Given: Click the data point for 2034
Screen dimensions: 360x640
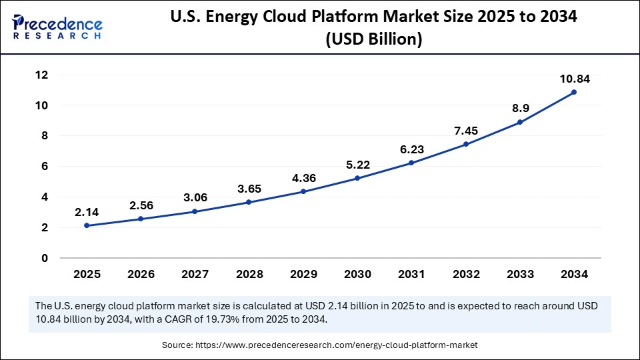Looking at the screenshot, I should [574, 92].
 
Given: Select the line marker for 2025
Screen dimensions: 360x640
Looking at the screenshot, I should [87, 225].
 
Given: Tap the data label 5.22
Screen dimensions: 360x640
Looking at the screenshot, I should [357, 165].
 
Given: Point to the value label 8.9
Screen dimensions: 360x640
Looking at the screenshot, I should [520, 109].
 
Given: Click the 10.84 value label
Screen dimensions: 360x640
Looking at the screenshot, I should [574, 79].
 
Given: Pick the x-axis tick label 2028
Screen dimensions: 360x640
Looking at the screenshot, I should [249, 273].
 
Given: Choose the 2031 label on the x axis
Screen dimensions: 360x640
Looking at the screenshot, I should [411, 273].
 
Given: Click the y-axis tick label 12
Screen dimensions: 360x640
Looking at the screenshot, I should [41, 75].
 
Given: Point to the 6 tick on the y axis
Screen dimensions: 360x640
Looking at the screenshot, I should [44, 167].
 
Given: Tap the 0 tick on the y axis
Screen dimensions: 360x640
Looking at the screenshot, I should [44, 258].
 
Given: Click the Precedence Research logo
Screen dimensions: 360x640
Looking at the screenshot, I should [57, 27].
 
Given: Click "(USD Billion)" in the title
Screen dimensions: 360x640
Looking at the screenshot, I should [373, 39].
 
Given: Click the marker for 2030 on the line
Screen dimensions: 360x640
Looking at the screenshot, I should [357, 178].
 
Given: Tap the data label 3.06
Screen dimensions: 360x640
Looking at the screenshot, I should [195, 198].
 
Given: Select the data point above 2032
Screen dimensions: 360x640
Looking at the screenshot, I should [466, 144].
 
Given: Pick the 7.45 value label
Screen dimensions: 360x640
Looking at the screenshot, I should [466, 131].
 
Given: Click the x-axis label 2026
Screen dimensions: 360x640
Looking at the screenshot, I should [141, 273].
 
